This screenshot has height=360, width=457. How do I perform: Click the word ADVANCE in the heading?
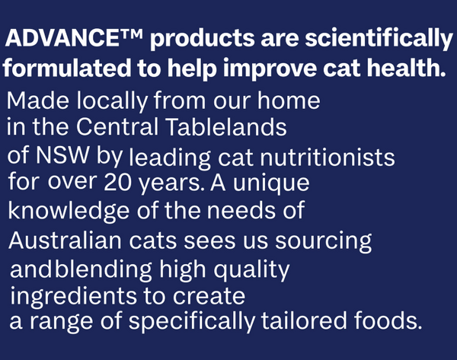(62, 38)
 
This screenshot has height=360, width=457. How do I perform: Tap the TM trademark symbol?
(131, 33)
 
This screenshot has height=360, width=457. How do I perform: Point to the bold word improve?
(270, 69)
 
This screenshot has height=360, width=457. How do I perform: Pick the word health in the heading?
(406, 68)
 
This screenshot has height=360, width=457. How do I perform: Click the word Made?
(38, 100)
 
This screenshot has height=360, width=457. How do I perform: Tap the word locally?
(112, 101)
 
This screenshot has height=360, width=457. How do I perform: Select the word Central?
(117, 126)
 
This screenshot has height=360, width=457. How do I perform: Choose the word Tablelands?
(227, 126)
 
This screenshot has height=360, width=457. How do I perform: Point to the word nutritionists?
(327, 158)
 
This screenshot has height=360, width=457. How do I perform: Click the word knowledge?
(69, 211)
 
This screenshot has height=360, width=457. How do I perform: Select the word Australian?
(65, 241)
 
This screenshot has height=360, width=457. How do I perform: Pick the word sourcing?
(324, 242)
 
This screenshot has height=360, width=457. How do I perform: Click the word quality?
(251, 270)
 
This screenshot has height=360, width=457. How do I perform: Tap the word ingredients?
(74, 297)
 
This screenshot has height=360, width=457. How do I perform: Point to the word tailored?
(304, 320)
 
